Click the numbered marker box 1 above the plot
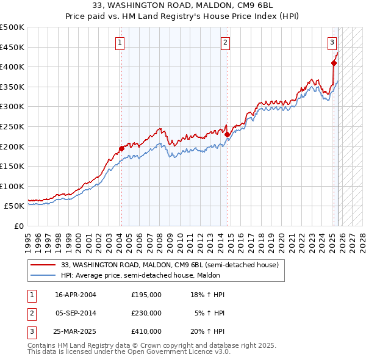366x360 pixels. (120, 43)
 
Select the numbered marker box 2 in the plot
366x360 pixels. (225, 43)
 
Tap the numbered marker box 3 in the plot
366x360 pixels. (332, 43)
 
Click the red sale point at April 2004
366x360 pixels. (121, 148)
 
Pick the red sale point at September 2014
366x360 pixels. (227, 134)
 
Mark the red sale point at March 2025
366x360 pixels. (334, 63)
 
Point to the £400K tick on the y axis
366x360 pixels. (12, 67)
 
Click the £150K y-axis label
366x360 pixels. (12, 166)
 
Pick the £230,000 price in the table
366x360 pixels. (146, 313)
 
